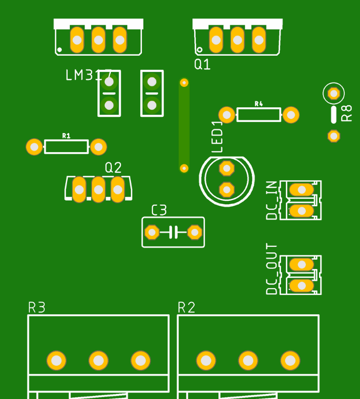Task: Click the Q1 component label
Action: (202, 64)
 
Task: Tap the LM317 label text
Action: (88, 75)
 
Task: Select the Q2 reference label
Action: (113, 167)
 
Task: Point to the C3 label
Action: (159, 210)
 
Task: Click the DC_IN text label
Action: (272, 201)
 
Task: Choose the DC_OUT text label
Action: (272, 269)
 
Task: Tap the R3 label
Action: (36, 307)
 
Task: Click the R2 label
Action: (187, 307)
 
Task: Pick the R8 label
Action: (347, 113)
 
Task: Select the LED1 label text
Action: (217, 137)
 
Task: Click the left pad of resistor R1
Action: (34, 147)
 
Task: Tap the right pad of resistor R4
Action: (291, 115)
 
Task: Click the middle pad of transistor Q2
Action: (98, 190)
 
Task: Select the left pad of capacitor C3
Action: (152, 232)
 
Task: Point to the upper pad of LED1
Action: (227, 168)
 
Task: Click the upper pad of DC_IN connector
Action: (302, 190)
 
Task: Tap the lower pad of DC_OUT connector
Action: (302, 286)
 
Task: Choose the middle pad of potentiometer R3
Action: (98, 361)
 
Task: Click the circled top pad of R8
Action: (333, 93)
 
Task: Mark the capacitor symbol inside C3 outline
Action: (173, 232)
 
